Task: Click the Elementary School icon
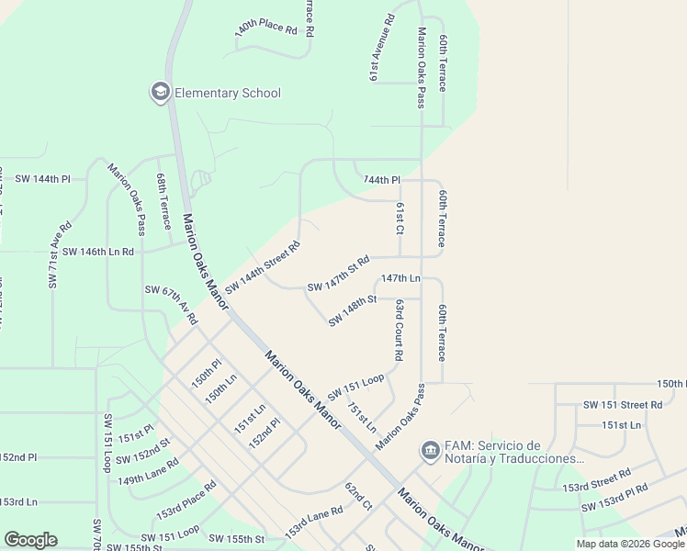[x=161, y=93]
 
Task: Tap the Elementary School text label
[x=228, y=93]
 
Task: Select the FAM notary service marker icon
[x=429, y=451]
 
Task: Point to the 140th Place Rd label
[x=266, y=28]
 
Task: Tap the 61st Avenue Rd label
[x=382, y=49]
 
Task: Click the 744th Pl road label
[x=382, y=180]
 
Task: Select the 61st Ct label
[x=400, y=219]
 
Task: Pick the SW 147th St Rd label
[x=338, y=274]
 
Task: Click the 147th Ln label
[x=400, y=277]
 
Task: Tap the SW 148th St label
[x=353, y=309]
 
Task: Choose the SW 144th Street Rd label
[x=264, y=266]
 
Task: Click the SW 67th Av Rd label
[x=171, y=305]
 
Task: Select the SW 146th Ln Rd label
[x=98, y=251]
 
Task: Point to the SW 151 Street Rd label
[x=623, y=404]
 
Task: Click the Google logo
[x=30, y=540]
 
